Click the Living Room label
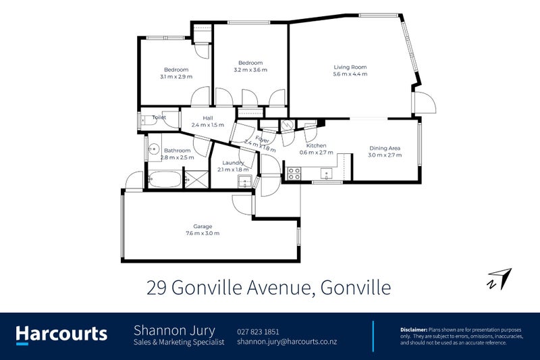pos(350,67)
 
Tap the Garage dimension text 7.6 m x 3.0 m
pos(202,233)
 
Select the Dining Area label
pos(385,148)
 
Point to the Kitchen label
pos(317,146)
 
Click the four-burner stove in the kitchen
pos(294,172)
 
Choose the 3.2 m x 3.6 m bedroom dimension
pos(250,70)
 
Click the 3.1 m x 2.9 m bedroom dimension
pos(176,76)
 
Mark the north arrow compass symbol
pos(500,279)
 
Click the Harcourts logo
pos(61,333)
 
